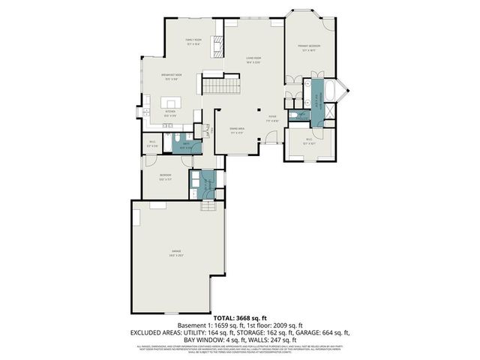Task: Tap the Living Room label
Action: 253,60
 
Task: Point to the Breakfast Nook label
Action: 174,76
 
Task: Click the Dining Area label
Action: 237,130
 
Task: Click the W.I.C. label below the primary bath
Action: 308,140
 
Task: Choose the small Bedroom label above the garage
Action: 164,178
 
